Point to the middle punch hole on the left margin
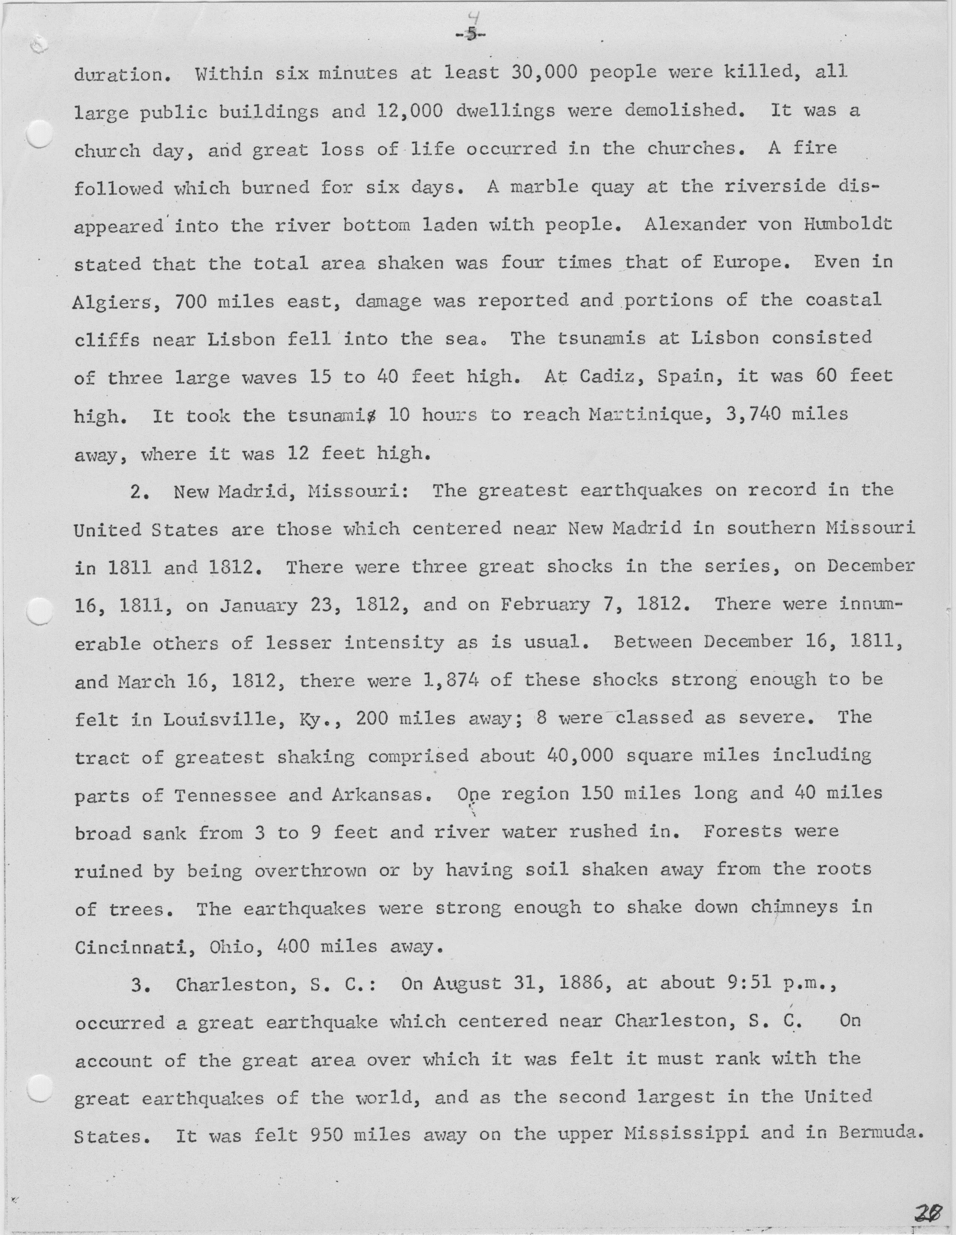point(40,612)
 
